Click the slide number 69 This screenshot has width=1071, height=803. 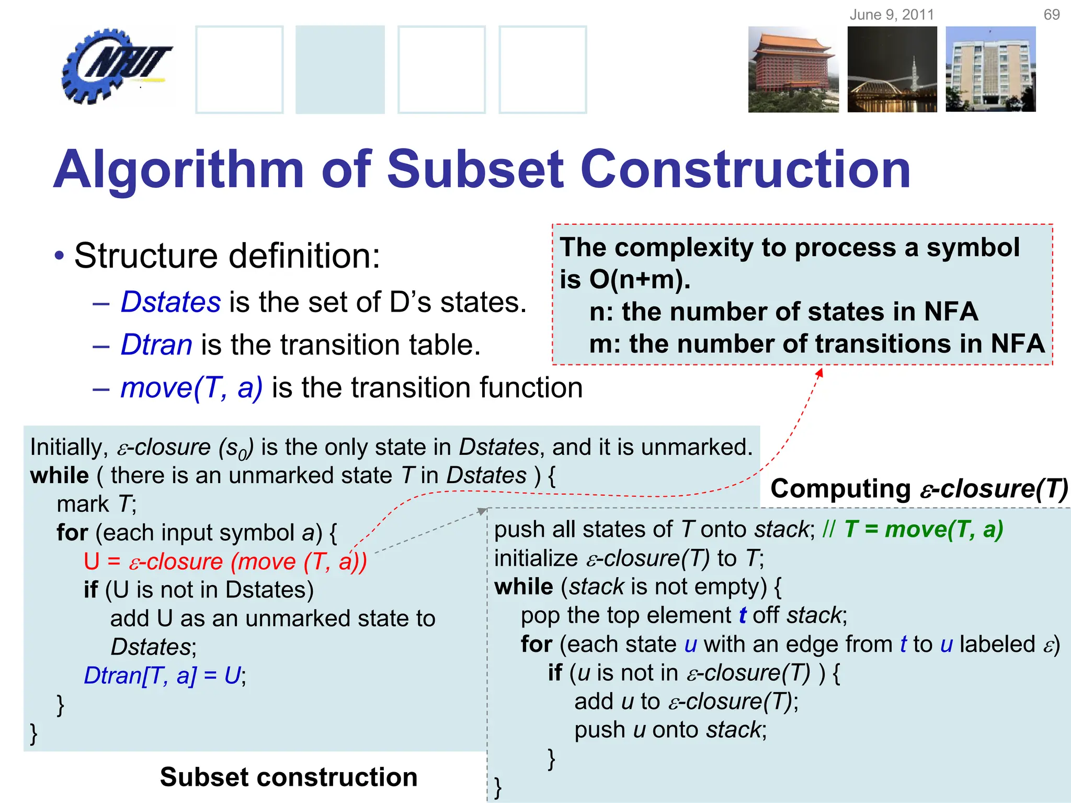point(1051,15)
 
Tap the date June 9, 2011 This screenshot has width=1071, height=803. point(892,15)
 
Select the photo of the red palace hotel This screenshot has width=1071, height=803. point(793,70)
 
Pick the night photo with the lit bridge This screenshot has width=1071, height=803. point(892,70)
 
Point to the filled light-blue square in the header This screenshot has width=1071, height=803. point(340,70)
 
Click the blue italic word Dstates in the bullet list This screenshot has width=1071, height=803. point(170,302)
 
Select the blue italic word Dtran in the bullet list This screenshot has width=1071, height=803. point(156,345)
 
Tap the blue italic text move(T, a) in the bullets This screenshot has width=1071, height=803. point(191,388)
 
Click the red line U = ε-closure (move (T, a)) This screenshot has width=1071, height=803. point(225,561)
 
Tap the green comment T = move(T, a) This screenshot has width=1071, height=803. point(924,529)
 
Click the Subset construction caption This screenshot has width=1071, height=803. point(289,777)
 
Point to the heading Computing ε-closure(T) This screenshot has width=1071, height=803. point(919,489)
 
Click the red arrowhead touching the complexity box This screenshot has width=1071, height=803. point(820,372)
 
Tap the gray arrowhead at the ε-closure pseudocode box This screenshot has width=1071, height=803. point(483,511)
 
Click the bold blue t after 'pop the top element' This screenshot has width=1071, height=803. point(743,615)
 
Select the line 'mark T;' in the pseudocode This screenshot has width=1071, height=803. point(96,504)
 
